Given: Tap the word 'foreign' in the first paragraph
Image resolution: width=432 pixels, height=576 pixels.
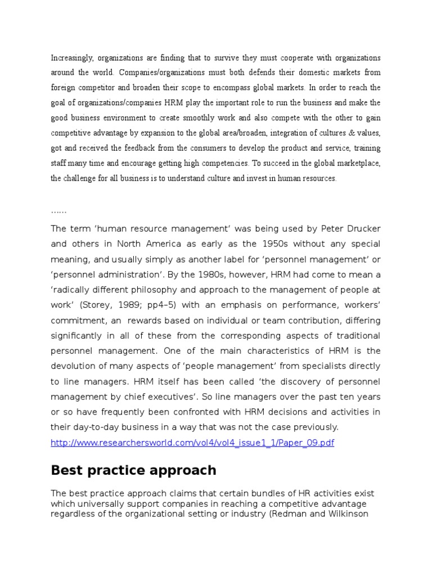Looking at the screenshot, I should [64, 88].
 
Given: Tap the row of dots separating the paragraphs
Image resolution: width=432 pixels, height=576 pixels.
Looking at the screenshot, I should [58, 210].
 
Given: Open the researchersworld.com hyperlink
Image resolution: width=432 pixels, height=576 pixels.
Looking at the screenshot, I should [192, 443].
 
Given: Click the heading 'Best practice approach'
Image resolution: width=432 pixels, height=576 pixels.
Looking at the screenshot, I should [133, 470].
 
